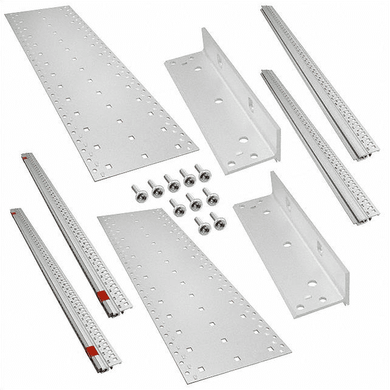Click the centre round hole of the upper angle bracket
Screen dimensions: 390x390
[x=218, y=101]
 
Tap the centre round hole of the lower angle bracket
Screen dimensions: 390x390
[x=287, y=245]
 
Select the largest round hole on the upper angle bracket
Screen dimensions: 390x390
[x=242, y=139]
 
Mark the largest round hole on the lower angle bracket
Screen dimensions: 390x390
[x=312, y=284]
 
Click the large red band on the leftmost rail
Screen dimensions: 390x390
[x=92, y=352]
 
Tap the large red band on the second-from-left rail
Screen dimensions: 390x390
[x=102, y=296]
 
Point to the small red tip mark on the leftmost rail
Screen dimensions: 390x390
[x=14, y=211]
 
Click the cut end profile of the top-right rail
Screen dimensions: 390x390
[x=366, y=155]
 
